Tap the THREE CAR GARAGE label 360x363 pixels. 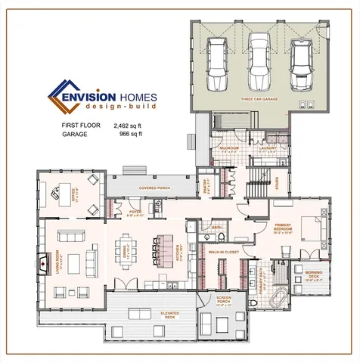(x=259, y=98)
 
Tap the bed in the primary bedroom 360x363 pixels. (x=311, y=228)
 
